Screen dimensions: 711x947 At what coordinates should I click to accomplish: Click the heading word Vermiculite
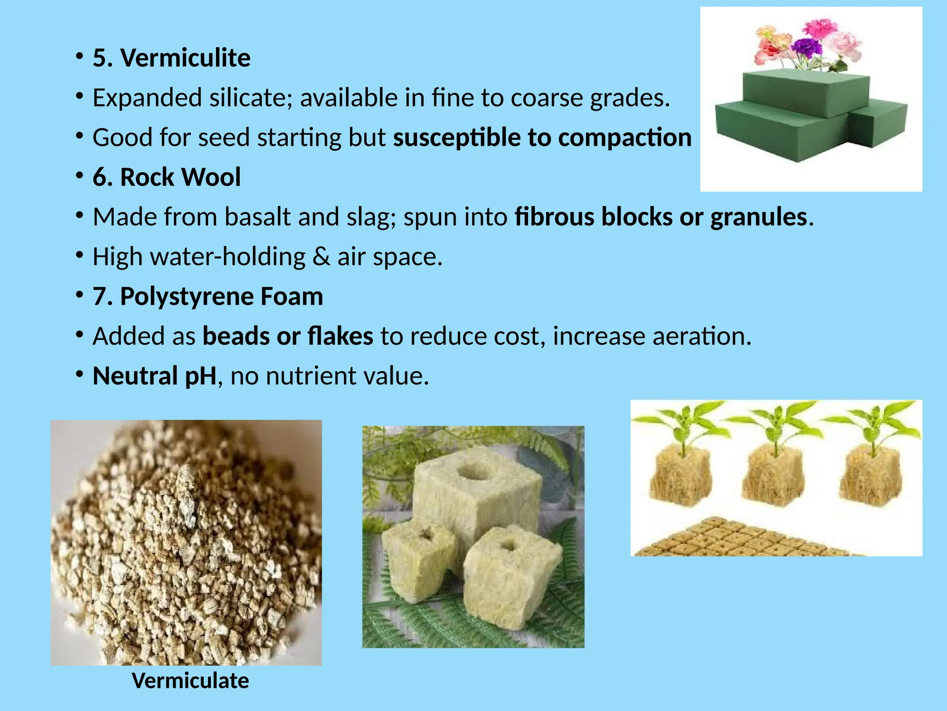point(185,58)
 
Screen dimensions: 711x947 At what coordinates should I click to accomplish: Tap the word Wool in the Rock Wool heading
point(210,177)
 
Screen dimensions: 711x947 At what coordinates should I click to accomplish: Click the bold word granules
point(758,217)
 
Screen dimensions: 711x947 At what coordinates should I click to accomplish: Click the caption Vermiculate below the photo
point(191,681)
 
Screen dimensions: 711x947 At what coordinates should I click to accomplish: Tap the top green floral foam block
point(805,90)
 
